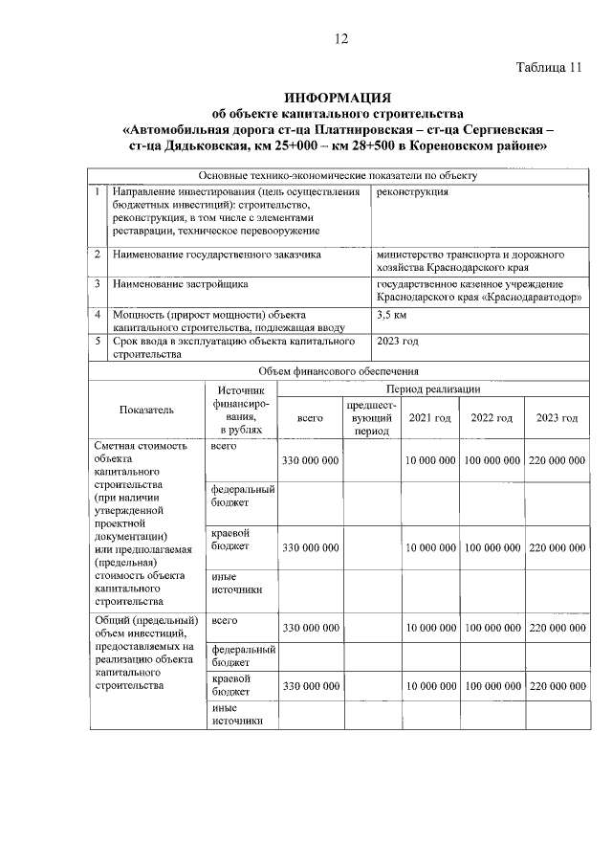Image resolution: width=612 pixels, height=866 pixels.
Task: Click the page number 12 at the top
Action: [x=340, y=38]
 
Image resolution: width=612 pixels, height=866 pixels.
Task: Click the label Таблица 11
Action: [x=548, y=68]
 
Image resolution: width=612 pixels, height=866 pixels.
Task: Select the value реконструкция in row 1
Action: [x=413, y=191]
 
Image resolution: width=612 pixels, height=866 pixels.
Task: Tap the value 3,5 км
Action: [x=392, y=314]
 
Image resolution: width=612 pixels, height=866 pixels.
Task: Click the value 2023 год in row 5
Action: [x=398, y=341]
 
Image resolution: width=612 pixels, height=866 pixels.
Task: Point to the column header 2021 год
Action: [x=429, y=418]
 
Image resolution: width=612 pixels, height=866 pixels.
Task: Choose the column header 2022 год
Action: [x=492, y=418]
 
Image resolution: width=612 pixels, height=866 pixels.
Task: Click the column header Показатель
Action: [x=146, y=411]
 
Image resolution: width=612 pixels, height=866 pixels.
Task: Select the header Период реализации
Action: [x=432, y=389]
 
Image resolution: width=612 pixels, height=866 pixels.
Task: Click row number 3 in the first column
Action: [x=98, y=284]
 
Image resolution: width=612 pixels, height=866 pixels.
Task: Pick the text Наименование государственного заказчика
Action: [x=216, y=255]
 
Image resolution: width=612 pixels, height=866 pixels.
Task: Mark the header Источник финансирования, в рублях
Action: [x=241, y=411]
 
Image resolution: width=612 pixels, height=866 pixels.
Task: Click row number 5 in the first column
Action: [x=98, y=341]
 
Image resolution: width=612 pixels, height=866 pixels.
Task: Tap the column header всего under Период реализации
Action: [x=310, y=418]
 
